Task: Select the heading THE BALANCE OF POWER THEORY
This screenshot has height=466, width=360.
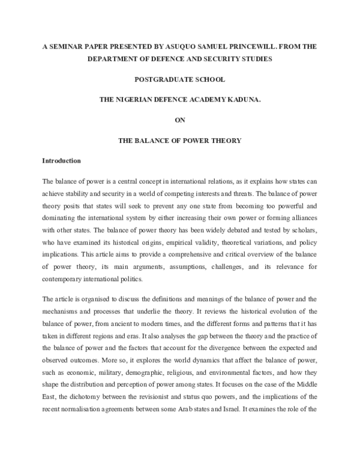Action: point(179,141)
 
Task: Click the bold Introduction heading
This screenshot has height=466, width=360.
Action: point(61,162)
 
